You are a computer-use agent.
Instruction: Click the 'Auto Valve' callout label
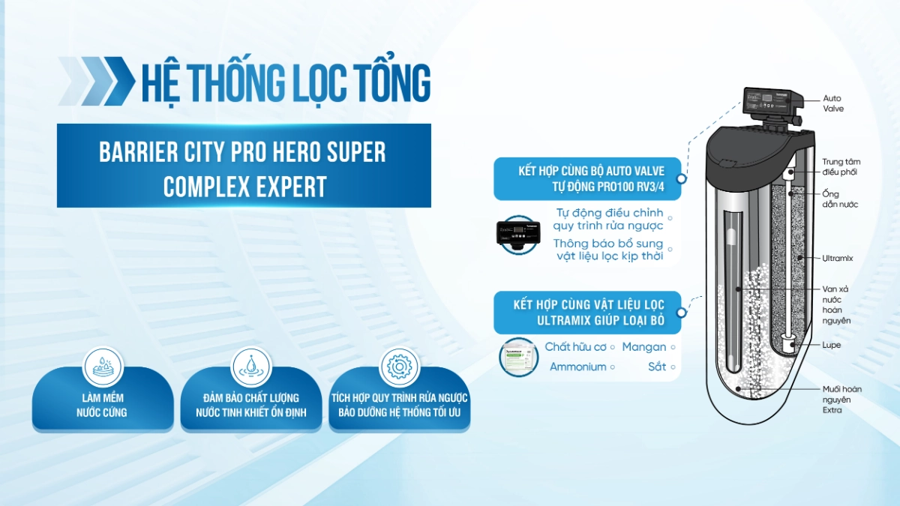coord(833,103)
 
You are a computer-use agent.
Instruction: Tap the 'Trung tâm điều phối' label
coord(841,166)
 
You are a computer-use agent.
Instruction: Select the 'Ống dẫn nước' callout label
coord(840,199)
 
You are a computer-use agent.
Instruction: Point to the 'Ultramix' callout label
coord(837,258)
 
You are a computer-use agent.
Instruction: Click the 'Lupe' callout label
coord(831,345)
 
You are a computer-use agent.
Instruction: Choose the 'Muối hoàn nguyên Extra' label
coord(841,400)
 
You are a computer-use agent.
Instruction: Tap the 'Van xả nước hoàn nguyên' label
coord(836,305)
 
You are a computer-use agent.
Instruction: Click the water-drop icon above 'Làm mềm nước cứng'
coord(103,367)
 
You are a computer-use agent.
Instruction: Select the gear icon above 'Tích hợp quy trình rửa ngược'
coord(399,367)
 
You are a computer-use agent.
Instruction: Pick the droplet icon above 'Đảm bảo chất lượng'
coord(251,367)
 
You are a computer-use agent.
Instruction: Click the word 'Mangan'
coord(644,347)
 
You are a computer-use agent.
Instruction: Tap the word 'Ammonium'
coord(577,367)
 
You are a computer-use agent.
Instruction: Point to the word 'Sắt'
coord(657,367)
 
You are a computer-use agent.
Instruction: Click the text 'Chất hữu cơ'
coord(575,346)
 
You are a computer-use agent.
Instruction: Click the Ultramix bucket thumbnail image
coord(519,358)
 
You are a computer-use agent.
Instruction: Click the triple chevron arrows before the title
coord(94,81)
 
